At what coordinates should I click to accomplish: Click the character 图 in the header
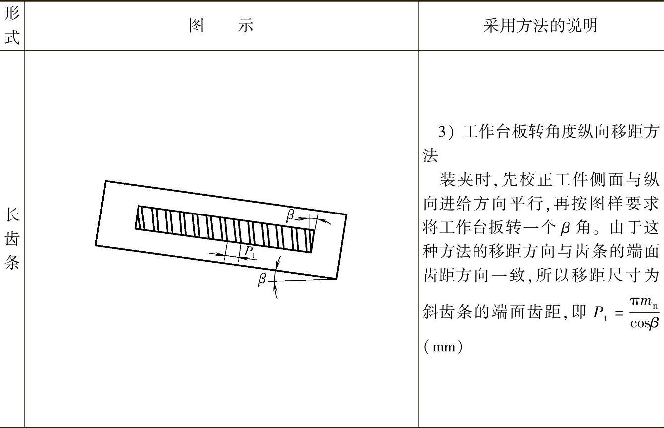pyautogui.click(x=197, y=25)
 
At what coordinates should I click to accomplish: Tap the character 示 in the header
pyautogui.click(x=246, y=25)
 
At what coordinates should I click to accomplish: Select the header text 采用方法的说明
pyautogui.click(x=540, y=25)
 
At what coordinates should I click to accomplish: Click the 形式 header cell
pyautogui.click(x=12, y=25)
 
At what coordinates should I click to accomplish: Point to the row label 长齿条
pyautogui.click(x=12, y=239)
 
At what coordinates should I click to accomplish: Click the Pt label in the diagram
pyautogui.click(x=249, y=252)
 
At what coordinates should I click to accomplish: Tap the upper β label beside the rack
pyautogui.click(x=290, y=215)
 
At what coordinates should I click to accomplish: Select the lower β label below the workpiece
pyautogui.click(x=262, y=279)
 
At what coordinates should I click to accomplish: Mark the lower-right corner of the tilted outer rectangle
pyautogui.click(x=337, y=278)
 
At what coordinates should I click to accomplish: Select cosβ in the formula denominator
pyautogui.click(x=644, y=323)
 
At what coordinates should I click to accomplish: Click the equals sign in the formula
pyautogui.click(x=619, y=313)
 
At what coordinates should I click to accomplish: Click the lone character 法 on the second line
pyautogui.click(x=430, y=156)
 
